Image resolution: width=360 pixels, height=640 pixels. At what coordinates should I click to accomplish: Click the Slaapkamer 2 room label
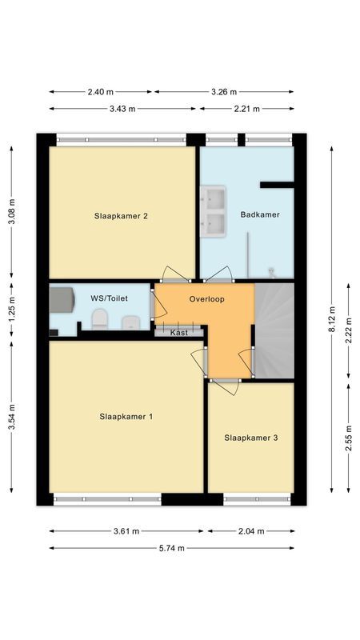[122, 215]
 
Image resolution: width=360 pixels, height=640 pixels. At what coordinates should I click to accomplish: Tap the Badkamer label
[260, 214]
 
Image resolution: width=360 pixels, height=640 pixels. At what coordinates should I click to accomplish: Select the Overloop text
[206, 299]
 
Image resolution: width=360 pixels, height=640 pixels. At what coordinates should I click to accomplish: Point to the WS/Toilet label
[109, 298]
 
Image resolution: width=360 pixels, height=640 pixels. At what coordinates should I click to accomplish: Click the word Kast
[179, 331]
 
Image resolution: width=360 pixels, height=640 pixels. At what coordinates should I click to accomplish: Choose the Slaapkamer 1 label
[126, 417]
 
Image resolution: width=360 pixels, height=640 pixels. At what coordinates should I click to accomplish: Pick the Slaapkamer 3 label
[251, 438]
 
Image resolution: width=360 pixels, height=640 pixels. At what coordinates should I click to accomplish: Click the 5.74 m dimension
[171, 548]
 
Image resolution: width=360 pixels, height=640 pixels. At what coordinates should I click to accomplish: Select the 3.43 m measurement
[121, 109]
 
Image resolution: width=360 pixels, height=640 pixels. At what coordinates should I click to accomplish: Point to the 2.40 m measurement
[101, 91]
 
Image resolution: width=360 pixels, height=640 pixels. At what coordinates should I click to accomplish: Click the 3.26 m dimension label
[224, 91]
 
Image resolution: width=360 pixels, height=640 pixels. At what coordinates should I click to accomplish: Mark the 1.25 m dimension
[11, 306]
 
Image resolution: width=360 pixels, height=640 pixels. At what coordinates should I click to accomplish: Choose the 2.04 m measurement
[250, 530]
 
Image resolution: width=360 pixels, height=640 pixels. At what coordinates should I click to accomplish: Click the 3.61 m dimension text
[126, 530]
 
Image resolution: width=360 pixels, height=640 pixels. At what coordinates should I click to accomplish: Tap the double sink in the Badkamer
[214, 210]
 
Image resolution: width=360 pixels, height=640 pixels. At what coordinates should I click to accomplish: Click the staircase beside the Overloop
[274, 328]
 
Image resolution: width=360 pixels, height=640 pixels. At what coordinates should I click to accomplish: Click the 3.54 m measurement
[11, 417]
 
